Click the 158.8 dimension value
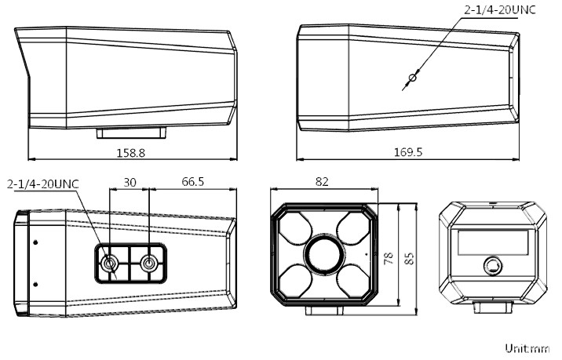131,152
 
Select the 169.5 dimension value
407,152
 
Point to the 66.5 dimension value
192,182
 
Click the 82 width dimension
322,182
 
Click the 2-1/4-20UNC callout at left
44,184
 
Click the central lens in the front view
323,255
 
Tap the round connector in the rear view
493,266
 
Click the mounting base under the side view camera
129,131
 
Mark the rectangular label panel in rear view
492,244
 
